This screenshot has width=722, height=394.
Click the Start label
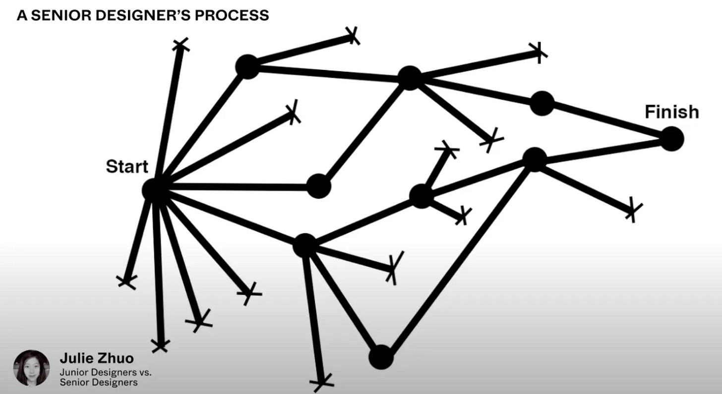[x=127, y=167]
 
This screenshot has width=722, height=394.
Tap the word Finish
[x=671, y=113]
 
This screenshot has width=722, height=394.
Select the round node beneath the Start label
[x=154, y=189]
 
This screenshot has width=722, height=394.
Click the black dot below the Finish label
[x=671, y=138]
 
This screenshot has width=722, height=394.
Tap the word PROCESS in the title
[x=232, y=15]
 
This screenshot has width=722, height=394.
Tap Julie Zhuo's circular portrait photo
[x=31, y=368]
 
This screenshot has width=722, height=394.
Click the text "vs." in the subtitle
[x=144, y=371]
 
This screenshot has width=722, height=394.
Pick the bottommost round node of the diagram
[x=381, y=357]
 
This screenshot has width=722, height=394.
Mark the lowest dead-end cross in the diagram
[x=321, y=383]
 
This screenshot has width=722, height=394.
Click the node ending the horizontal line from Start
[x=318, y=187]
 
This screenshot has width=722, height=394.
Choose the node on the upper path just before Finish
[x=541, y=103]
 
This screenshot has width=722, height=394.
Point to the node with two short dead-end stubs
[x=421, y=196]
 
